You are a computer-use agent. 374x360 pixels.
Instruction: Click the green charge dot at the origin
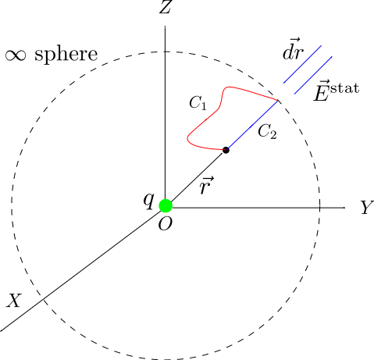tap(166, 205)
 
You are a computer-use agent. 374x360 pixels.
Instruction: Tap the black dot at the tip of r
tap(226, 150)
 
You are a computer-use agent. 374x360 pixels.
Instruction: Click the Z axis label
tap(166, 8)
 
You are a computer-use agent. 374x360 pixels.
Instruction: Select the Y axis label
tap(367, 208)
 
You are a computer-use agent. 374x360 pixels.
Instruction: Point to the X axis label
tap(13, 301)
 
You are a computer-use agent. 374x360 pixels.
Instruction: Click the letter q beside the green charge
tap(149, 201)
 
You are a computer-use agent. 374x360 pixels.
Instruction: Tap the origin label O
tap(166, 224)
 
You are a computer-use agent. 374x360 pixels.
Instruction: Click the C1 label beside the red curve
tap(198, 103)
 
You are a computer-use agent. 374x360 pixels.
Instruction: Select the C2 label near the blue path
tap(267, 131)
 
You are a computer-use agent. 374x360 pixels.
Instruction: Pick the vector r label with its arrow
tap(207, 185)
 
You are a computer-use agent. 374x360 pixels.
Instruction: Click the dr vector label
tap(293, 50)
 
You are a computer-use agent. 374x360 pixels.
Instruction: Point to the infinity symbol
tap(16, 55)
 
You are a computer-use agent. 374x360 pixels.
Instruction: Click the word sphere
tap(66, 55)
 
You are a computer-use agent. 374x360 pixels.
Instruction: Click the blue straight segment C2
tap(252, 125)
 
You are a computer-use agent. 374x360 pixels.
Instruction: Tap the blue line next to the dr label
tap(302, 64)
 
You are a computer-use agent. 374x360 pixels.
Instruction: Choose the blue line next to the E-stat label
tap(313, 75)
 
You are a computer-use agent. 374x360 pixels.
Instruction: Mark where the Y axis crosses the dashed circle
tap(319, 208)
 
